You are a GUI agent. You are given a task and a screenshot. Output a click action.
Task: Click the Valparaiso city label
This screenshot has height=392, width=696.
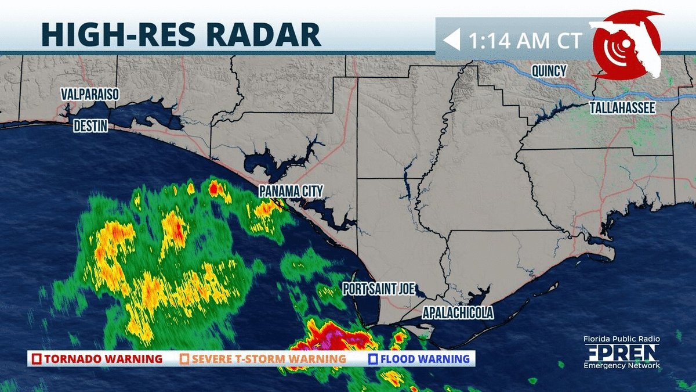point(90,95)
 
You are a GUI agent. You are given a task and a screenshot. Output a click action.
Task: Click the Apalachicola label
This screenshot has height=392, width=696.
point(458,313)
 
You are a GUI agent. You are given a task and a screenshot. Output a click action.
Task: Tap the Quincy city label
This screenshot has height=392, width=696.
point(549,71)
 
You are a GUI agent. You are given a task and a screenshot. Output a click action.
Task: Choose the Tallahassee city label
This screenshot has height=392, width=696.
point(622,108)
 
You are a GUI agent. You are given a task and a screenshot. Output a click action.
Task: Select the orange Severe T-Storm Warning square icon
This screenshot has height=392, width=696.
point(184,359)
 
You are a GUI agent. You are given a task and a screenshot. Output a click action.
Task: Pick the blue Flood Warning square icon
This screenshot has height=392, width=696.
point(374,359)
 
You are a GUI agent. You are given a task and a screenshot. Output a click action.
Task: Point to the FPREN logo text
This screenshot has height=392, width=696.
point(622,353)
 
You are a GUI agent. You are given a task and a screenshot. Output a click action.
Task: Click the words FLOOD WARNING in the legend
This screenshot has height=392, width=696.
point(425,359)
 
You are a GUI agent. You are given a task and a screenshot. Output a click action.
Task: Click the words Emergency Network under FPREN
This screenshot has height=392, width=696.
point(622,365)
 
